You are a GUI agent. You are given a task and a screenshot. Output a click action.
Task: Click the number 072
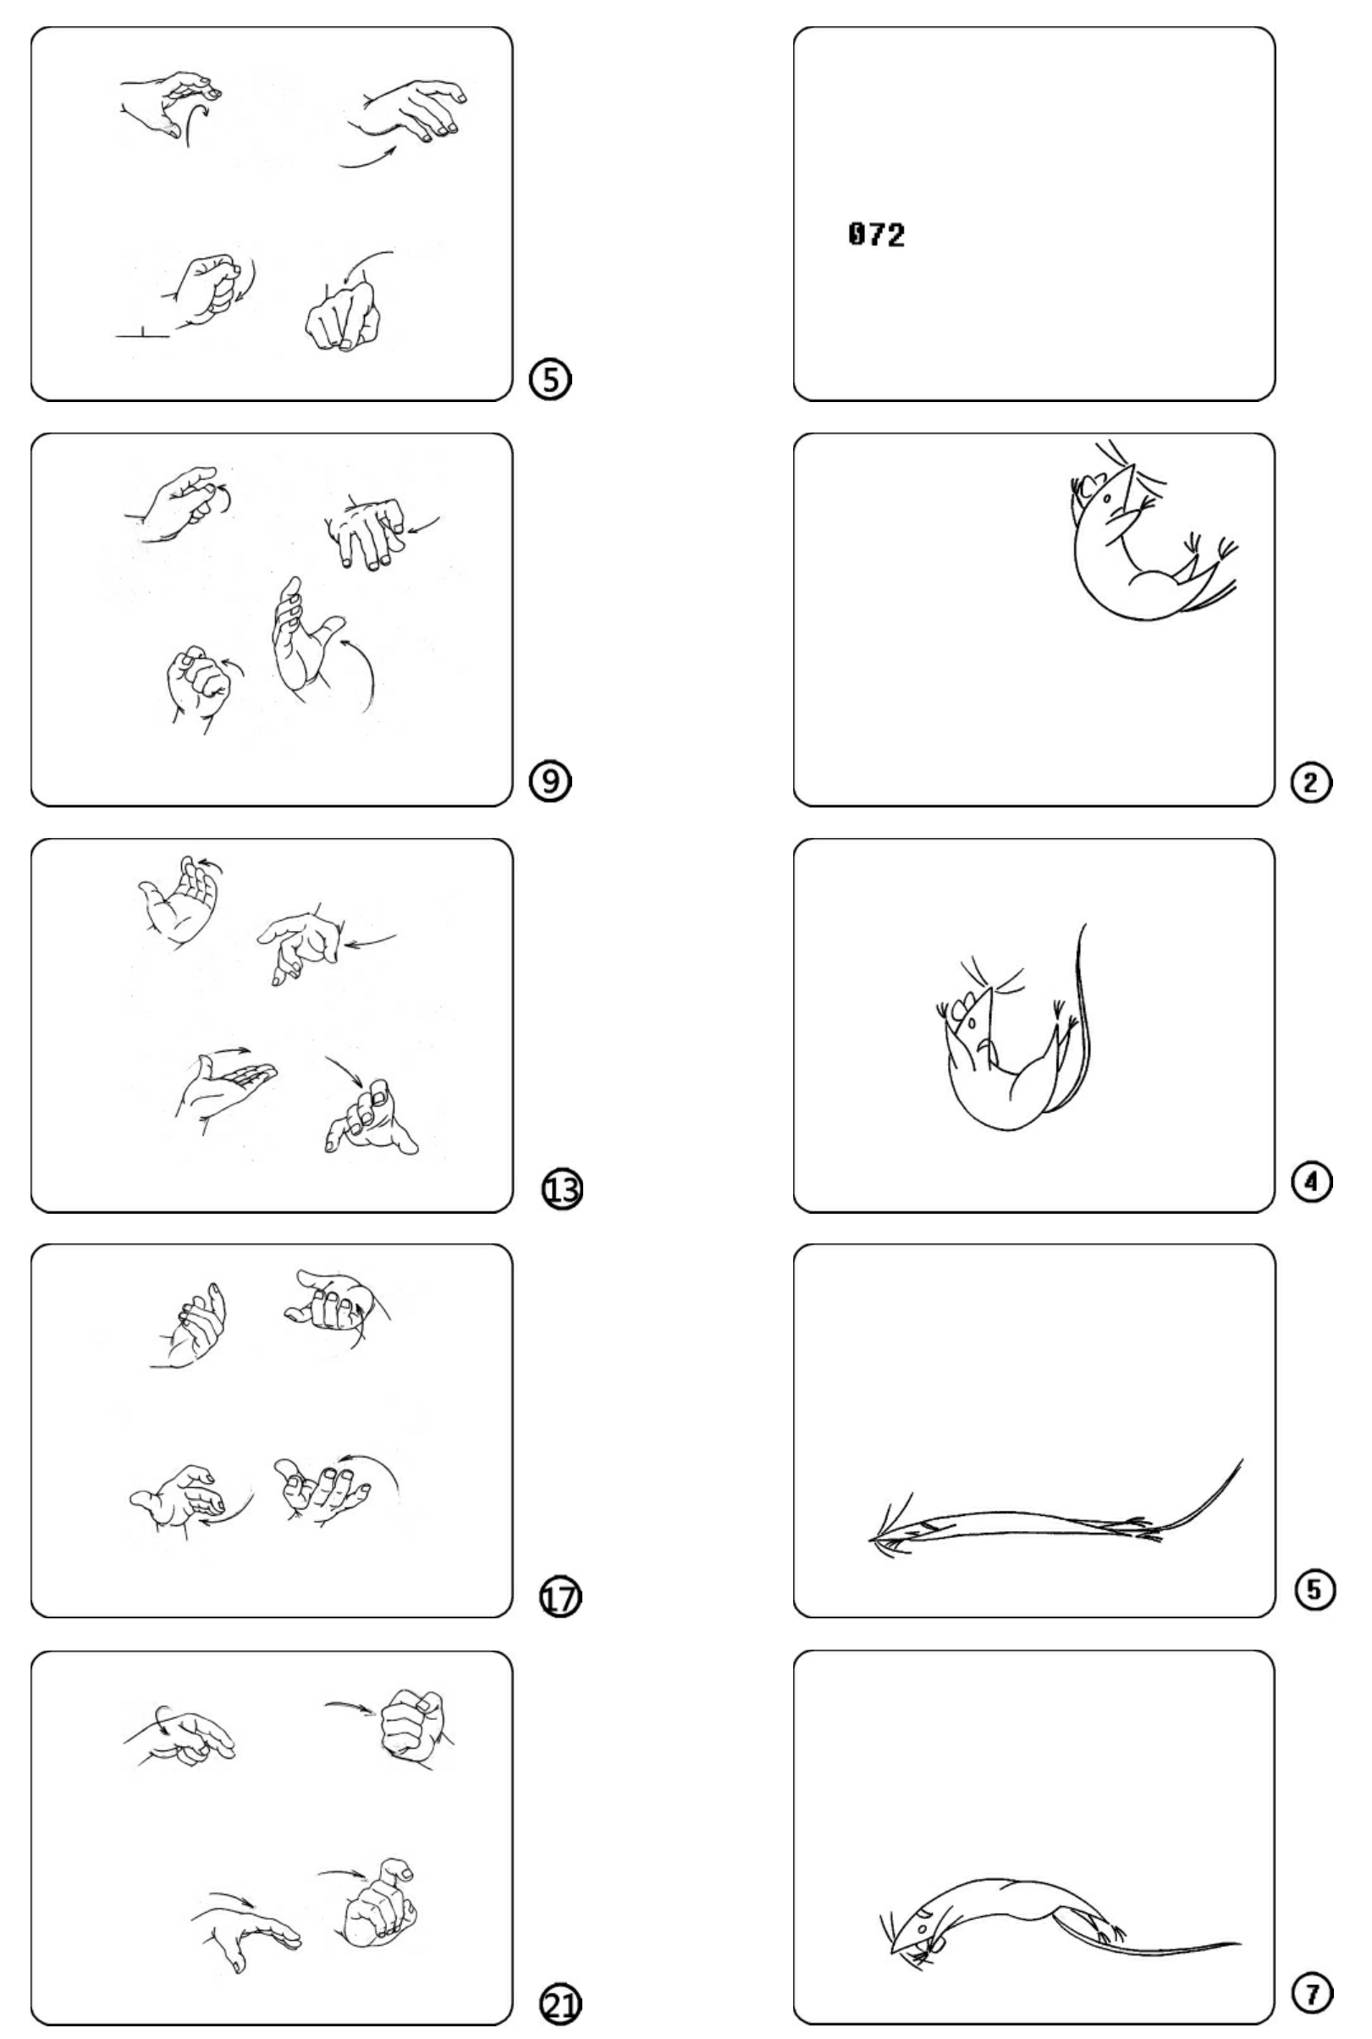(x=877, y=234)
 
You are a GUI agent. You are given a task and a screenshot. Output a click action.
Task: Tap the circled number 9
(x=550, y=780)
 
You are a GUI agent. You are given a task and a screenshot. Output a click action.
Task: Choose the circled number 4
(x=1312, y=1182)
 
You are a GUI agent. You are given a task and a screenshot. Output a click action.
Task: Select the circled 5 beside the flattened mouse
(x=1314, y=1590)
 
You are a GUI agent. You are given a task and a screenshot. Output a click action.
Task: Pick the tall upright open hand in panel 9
(x=302, y=639)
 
